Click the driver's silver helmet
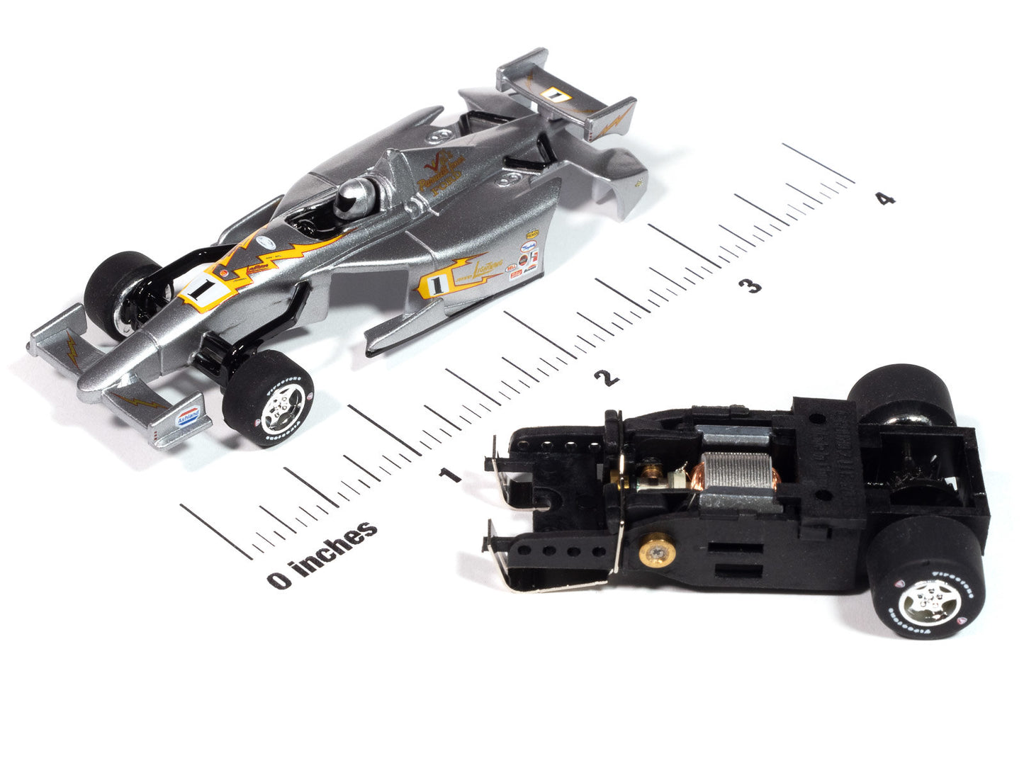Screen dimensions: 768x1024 point(353,195)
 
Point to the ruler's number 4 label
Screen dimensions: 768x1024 point(884,199)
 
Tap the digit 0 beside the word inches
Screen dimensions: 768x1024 point(278,580)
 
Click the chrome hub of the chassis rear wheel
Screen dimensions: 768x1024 point(930,599)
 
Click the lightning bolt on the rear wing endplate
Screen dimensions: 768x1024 point(611,122)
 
